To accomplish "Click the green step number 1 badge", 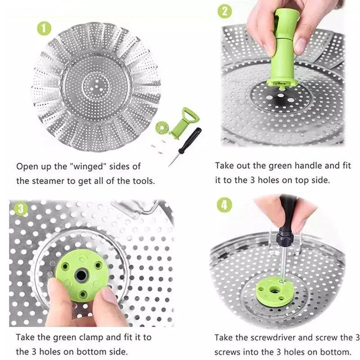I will pyautogui.click(x=44, y=29).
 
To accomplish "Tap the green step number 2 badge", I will pyautogui.click(x=225, y=11).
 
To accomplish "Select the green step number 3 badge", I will pyautogui.click(x=20, y=209).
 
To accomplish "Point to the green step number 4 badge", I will pyautogui.click(x=225, y=205).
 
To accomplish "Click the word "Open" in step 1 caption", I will pyautogui.click(x=27, y=166).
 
